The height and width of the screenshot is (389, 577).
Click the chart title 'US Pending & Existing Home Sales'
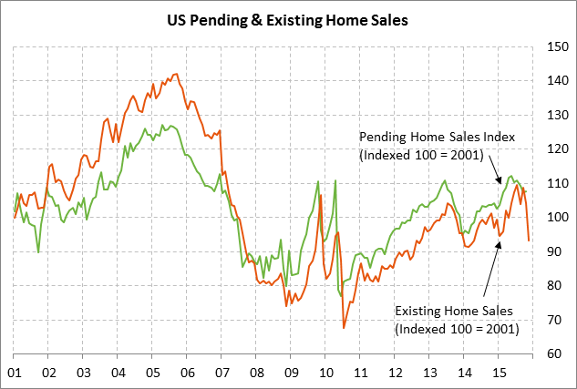[288, 17]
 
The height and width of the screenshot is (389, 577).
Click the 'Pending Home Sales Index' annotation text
[438, 137]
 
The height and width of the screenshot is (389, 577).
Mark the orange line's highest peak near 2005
[176, 74]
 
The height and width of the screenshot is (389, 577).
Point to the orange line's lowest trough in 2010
[344, 327]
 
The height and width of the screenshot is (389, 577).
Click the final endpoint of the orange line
[530, 241]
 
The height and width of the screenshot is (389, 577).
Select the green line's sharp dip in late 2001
[38, 251]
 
